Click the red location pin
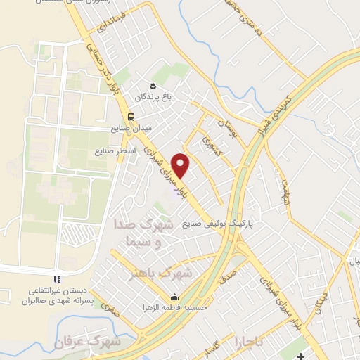click(x=181, y=165)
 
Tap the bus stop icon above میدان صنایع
click(x=131, y=117)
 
